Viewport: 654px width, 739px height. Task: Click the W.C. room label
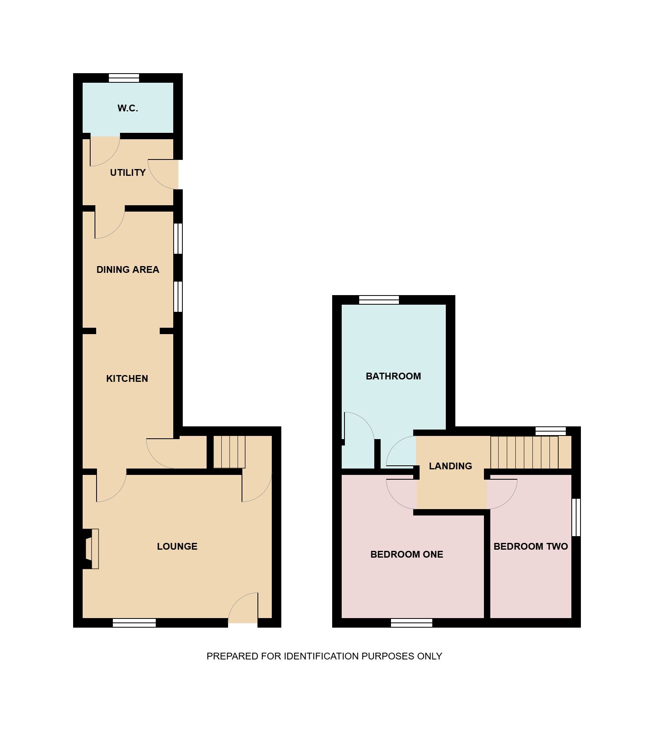pos(128,108)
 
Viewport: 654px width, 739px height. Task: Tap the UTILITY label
pos(128,173)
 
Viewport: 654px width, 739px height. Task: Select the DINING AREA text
pos(128,270)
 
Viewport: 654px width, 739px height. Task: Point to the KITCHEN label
pos(127,379)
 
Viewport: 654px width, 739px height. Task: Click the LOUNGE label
pos(177,546)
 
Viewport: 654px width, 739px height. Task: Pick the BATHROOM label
pos(393,376)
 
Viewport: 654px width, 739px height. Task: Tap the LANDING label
pos(451,466)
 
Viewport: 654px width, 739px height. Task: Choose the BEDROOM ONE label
pos(407,554)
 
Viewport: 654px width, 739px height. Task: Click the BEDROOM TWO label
pos(531,546)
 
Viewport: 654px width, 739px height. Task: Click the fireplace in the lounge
pos(91,549)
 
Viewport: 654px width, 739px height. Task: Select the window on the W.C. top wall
pos(124,78)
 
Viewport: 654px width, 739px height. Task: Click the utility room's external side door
pos(163,174)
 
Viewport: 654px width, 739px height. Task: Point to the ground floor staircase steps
pos(229,452)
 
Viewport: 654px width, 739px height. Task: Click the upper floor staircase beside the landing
pos(531,453)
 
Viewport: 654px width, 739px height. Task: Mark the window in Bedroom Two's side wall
pos(576,517)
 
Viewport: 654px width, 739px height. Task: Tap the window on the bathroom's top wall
pos(379,300)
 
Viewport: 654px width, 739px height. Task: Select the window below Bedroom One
pos(412,623)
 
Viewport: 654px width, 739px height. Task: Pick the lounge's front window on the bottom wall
pos(134,623)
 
